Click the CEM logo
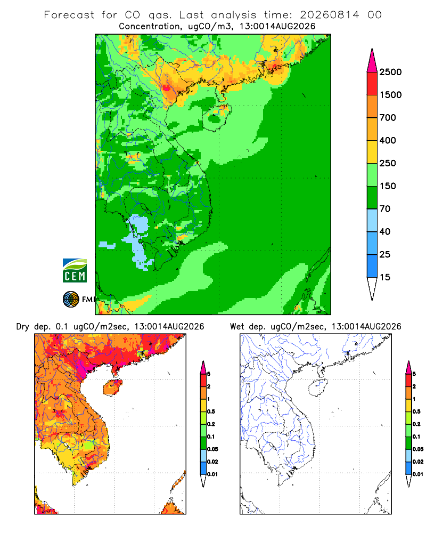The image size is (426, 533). point(75,271)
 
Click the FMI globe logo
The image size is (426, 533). point(71,300)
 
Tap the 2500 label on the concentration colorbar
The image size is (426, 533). point(390,72)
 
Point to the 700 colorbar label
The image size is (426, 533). point(388,118)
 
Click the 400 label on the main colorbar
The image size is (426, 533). point(388,140)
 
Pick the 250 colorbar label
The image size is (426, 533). point(388,163)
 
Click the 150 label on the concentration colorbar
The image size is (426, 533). point(388,186)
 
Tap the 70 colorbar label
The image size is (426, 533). point(385,209)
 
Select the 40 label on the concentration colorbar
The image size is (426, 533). point(385,231)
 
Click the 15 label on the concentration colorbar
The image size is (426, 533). point(385,277)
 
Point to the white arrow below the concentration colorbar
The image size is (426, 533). point(372,287)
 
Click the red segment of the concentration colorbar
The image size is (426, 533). point(372,84)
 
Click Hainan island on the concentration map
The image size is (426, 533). point(217,118)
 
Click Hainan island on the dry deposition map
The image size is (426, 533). point(113,387)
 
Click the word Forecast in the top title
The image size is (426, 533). point(69,15)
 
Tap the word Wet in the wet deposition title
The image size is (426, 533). point(237,327)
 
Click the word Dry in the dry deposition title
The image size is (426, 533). point(23,327)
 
